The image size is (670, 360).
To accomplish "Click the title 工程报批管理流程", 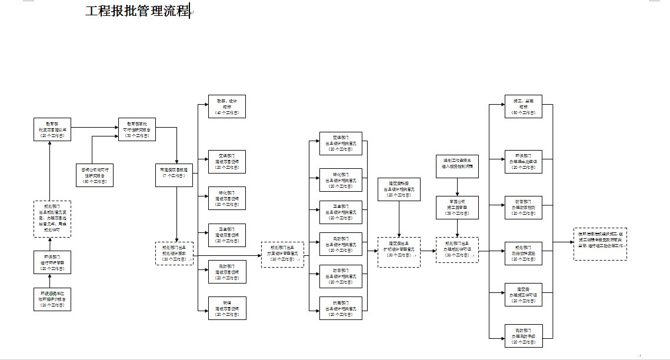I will pyautogui.click(x=137, y=11).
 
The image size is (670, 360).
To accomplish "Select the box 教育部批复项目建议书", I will pyautogui.click(x=52, y=129).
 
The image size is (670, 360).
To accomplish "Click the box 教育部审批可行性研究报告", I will pyautogui.click(x=136, y=129).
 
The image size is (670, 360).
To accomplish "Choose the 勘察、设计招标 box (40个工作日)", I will pyautogui.click(x=227, y=106).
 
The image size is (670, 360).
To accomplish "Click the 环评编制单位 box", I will pyautogui.click(x=52, y=299).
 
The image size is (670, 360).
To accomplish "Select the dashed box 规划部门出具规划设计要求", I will pyautogui.click(x=174, y=253).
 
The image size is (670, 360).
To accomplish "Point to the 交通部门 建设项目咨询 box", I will pyautogui.click(x=227, y=162).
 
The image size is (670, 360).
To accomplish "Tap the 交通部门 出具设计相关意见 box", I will pyautogui.click(x=341, y=144).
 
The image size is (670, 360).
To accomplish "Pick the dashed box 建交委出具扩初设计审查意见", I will pyautogui.click(x=399, y=252).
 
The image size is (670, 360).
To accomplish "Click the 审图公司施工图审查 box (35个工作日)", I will pyautogui.click(x=457, y=208).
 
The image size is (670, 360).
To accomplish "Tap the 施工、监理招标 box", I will pyautogui.click(x=523, y=106).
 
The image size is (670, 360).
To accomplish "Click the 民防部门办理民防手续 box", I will pyautogui.click(x=523, y=335).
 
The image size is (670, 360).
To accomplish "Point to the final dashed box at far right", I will pyautogui.click(x=600, y=244).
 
